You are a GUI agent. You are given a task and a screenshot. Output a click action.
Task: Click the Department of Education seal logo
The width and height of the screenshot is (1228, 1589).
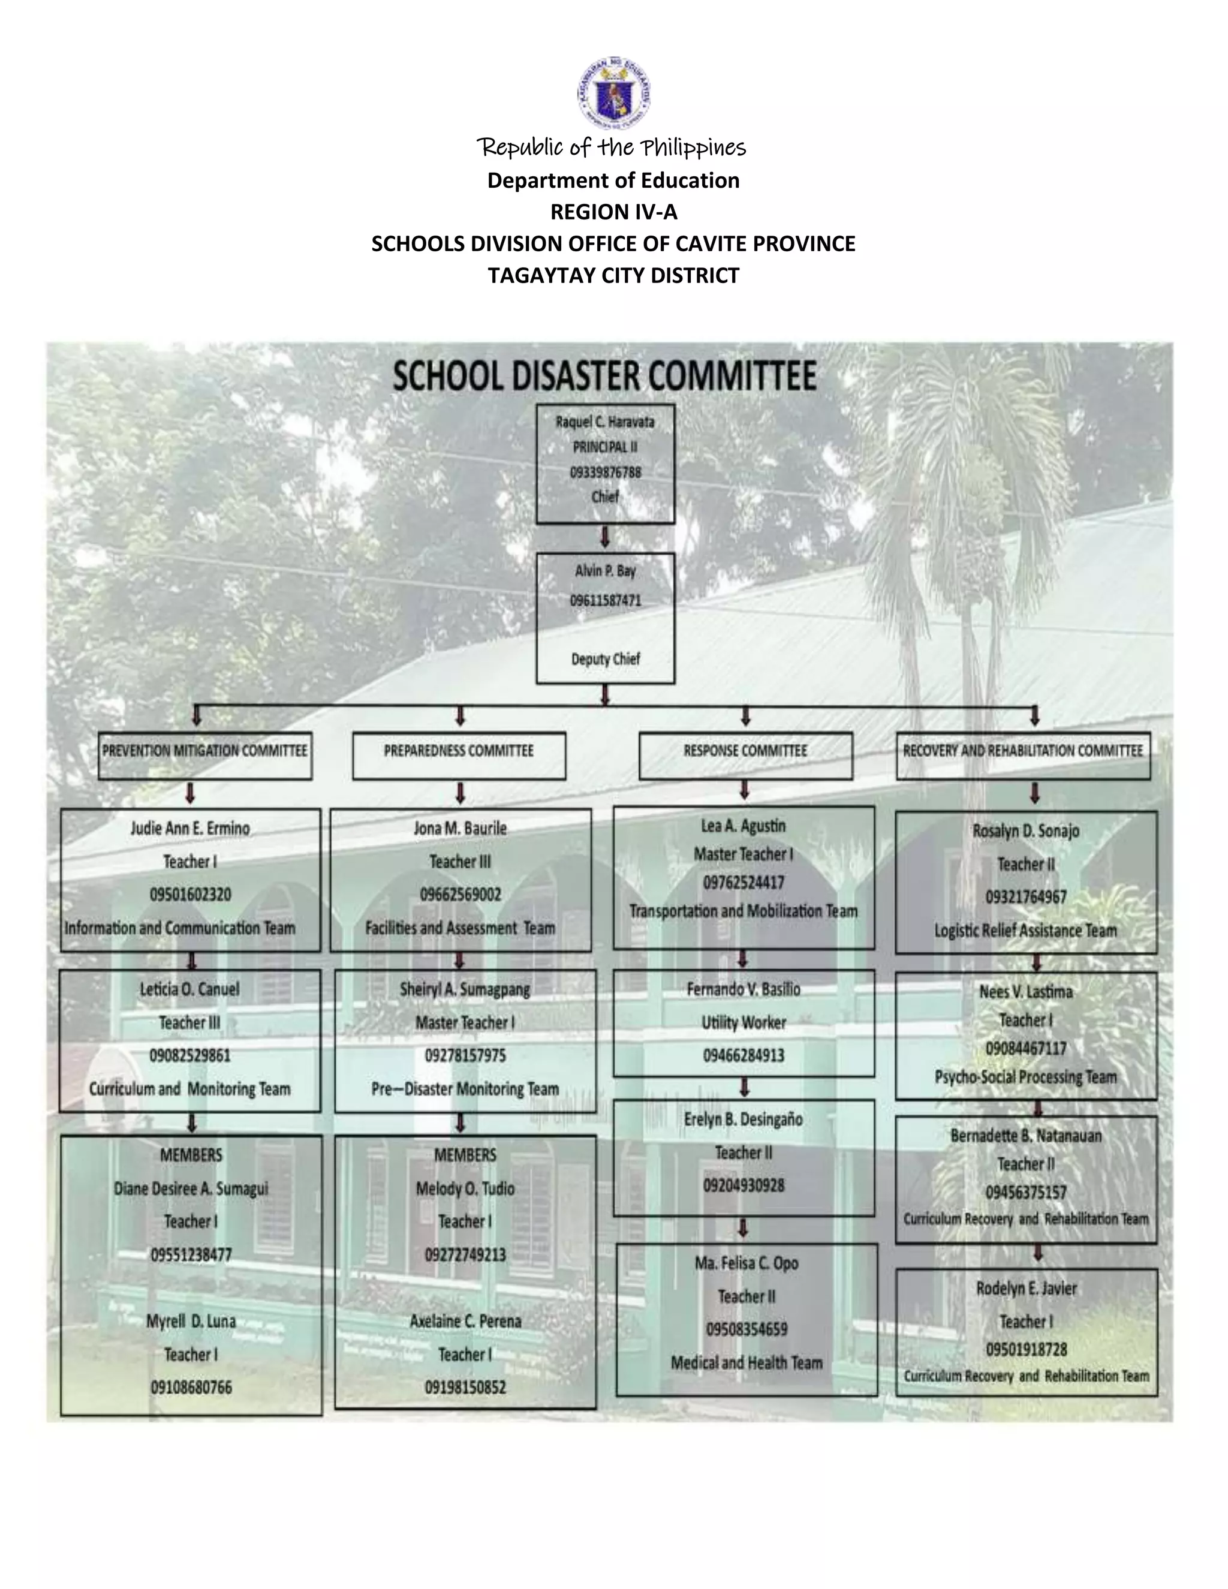coord(613,93)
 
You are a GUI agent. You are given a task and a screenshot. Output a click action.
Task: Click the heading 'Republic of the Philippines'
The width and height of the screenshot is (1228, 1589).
coord(612,148)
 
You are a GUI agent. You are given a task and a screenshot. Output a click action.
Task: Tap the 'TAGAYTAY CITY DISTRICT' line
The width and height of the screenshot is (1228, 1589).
coord(613,276)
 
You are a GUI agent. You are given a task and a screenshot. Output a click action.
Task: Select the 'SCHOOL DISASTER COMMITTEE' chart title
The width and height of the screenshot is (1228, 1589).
coord(604,376)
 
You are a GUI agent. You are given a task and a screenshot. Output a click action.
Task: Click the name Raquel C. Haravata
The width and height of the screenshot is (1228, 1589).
coord(604,422)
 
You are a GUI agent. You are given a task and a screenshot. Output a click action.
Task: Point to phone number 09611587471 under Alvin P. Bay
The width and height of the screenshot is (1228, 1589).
coord(605,600)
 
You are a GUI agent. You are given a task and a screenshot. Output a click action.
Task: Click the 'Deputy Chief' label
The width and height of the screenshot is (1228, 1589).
coord(605,659)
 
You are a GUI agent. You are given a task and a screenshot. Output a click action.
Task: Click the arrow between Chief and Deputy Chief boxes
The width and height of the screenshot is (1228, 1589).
coord(604,538)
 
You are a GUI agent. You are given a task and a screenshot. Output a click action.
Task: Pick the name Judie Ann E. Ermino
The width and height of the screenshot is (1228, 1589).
coord(190,829)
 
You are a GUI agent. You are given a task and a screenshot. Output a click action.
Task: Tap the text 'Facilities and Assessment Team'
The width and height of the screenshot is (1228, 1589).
coord(460,928)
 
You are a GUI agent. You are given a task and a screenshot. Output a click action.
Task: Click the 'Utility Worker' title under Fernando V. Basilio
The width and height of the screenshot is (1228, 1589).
coord(744,1023)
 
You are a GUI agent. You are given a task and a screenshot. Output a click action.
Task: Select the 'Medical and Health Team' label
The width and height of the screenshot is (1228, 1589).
coord(747,1363)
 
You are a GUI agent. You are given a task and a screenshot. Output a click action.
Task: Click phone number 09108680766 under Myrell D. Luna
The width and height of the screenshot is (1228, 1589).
coord(191,1388)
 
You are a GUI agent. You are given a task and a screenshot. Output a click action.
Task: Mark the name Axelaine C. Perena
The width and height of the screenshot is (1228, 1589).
coord(465,1321)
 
